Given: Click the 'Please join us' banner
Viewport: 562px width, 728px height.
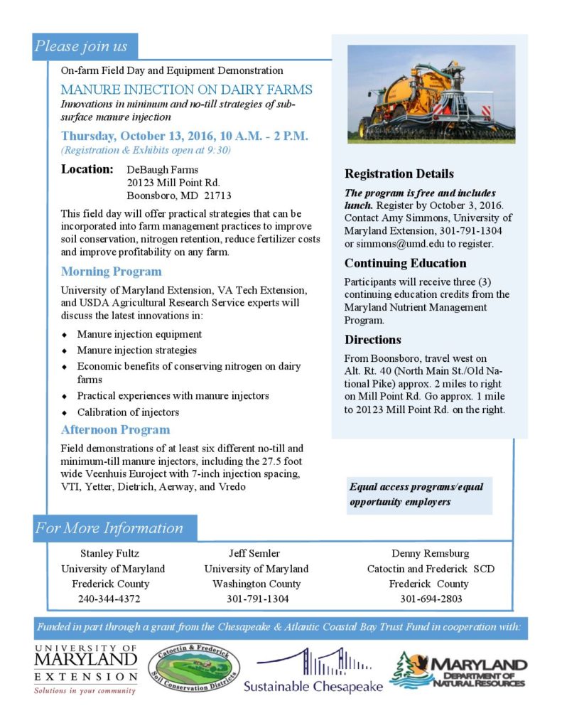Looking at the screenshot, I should tap(82, 47).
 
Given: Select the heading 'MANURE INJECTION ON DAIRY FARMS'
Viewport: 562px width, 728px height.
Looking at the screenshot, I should tap(186, 90).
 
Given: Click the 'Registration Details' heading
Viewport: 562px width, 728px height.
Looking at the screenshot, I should tap(399, 173).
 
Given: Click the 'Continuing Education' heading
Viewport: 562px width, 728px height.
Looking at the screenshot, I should tap(405, 263).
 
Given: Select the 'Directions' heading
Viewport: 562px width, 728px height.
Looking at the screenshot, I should tap(373, 339).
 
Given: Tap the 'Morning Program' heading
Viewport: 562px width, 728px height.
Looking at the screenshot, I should tap(111, 272).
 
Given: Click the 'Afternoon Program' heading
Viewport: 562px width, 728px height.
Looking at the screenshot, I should tap(115, 429).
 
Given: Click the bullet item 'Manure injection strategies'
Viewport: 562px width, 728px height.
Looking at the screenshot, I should tap(136, 350).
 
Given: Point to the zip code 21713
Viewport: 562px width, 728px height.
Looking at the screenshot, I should tap(217, 196).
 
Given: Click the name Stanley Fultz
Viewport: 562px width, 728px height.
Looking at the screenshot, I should tap(109, 553).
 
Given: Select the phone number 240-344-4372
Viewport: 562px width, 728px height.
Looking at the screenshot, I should tap(109, 599).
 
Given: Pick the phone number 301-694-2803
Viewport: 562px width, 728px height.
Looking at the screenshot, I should tap(431, 599).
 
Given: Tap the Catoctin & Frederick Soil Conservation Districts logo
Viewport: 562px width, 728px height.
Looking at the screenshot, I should tap(194, 668).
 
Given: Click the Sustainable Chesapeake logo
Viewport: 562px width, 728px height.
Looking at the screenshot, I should tap(313, 671).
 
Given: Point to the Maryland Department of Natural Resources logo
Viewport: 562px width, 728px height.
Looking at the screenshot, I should tap(458, 670).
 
